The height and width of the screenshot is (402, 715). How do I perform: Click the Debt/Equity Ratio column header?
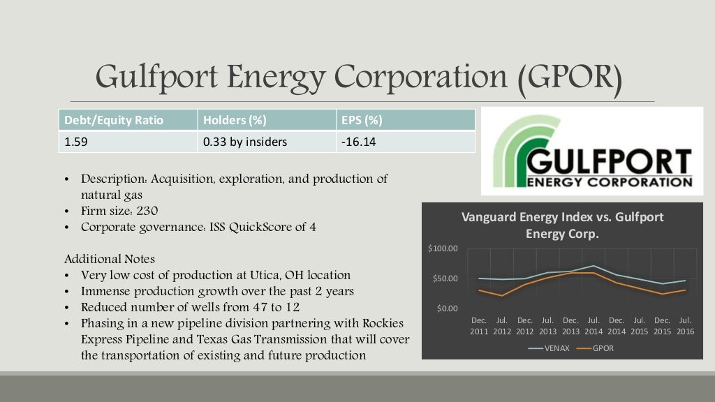click(114, 120)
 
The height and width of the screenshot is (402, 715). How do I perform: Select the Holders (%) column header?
click(235, 120)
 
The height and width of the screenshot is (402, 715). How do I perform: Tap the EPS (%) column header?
click(362, 120)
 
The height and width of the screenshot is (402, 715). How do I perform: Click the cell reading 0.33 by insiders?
click(245, 142)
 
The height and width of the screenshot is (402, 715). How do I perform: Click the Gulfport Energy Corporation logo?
click(591, 151)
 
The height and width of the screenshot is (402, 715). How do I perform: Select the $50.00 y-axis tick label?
click(444, 279)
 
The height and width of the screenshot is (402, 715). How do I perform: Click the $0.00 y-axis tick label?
click(447, 308)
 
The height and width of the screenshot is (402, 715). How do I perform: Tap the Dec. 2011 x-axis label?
click(479, 326)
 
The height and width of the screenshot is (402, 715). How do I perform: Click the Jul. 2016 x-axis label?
click(685, 326)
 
